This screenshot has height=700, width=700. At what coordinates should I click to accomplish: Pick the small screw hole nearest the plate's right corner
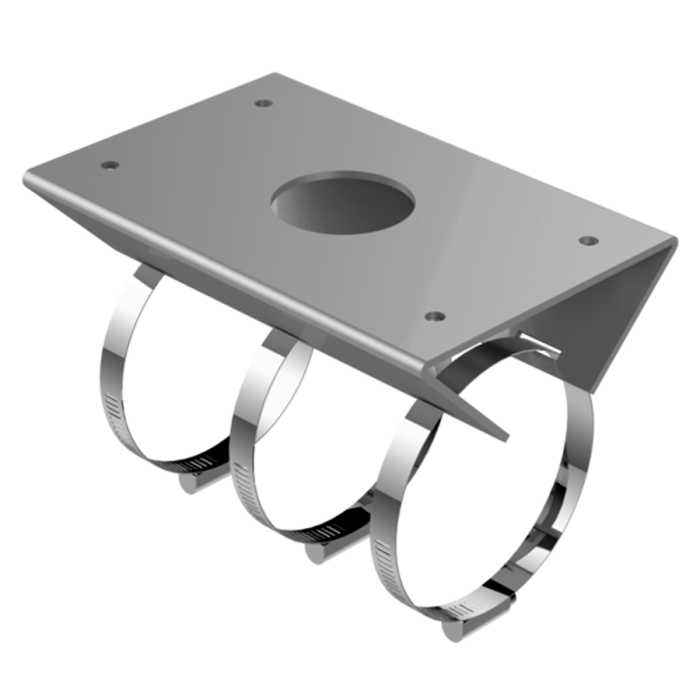[587, 238]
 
